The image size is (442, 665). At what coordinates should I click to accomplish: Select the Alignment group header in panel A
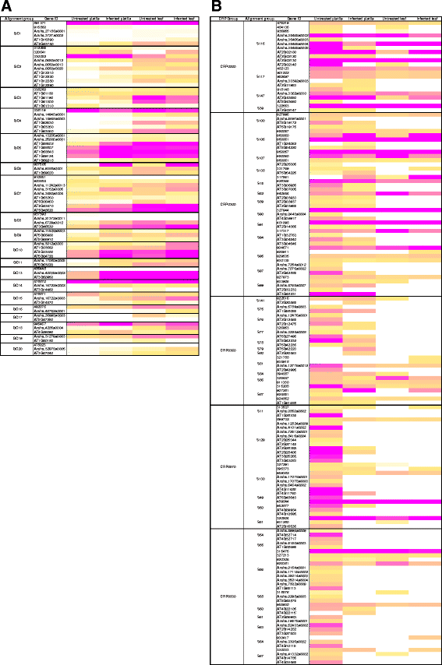[17, 17]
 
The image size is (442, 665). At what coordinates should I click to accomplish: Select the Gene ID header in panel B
[292, 17]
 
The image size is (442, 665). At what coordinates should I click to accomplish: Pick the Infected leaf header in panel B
[425, 17]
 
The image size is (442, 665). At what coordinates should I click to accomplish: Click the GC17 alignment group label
[17, 317]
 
